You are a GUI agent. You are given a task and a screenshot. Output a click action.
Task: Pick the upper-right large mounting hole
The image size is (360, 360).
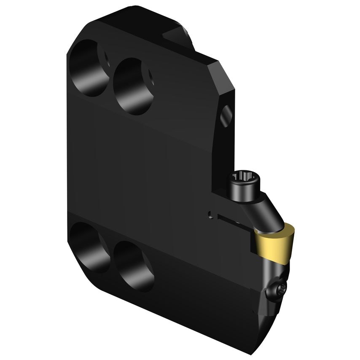click(133, 86)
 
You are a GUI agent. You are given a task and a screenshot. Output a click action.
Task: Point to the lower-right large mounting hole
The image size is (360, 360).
click(133, 266)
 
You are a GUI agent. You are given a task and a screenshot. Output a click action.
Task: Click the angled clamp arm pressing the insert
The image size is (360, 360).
click(268, 211)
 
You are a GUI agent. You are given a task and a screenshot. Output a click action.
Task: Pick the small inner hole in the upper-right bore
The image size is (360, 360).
click(150, 77)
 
